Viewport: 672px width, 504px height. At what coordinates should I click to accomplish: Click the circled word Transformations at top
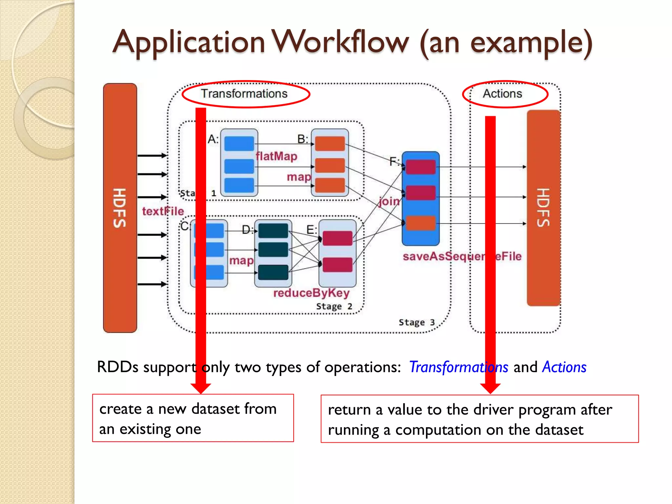pyautogui.click(x=244, y=94)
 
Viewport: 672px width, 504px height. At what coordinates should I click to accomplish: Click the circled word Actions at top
pyautogui.click(x=502, y=94)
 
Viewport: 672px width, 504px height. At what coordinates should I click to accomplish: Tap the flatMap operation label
pyautogui.click(x=277, y=156)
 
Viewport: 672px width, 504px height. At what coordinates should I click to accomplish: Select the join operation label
pyautogui.click(x=389, y=201)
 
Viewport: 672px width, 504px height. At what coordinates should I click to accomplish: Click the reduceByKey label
pyautogui.click(x=311, y=293)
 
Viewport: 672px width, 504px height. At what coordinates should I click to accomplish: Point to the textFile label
pyautogui.click(x=163, y=211)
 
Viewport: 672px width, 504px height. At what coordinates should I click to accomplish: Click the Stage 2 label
pyautogui.click(x=334, y=306)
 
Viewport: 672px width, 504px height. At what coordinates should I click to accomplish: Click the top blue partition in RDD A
pyautogui.click(x=239, y=144)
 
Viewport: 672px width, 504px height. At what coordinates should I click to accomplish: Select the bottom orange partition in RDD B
pyautogui.click(x=330, y=185)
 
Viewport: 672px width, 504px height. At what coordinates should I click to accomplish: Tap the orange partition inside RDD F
pyautogui.click(x=420, y=223)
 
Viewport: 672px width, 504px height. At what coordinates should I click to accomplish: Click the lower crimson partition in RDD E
pyautogui.click(x=337, y=265)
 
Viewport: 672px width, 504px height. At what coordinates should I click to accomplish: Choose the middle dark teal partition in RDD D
pyautogui.click(x=273, y=250)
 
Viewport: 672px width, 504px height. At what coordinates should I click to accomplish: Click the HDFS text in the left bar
pyautogui.click(x=120, y=208)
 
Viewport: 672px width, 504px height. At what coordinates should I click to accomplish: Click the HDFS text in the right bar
pyautogui.click(x=543, y=207)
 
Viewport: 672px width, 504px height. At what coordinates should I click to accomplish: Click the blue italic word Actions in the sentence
pyautogui.click(x=564, y=367)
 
